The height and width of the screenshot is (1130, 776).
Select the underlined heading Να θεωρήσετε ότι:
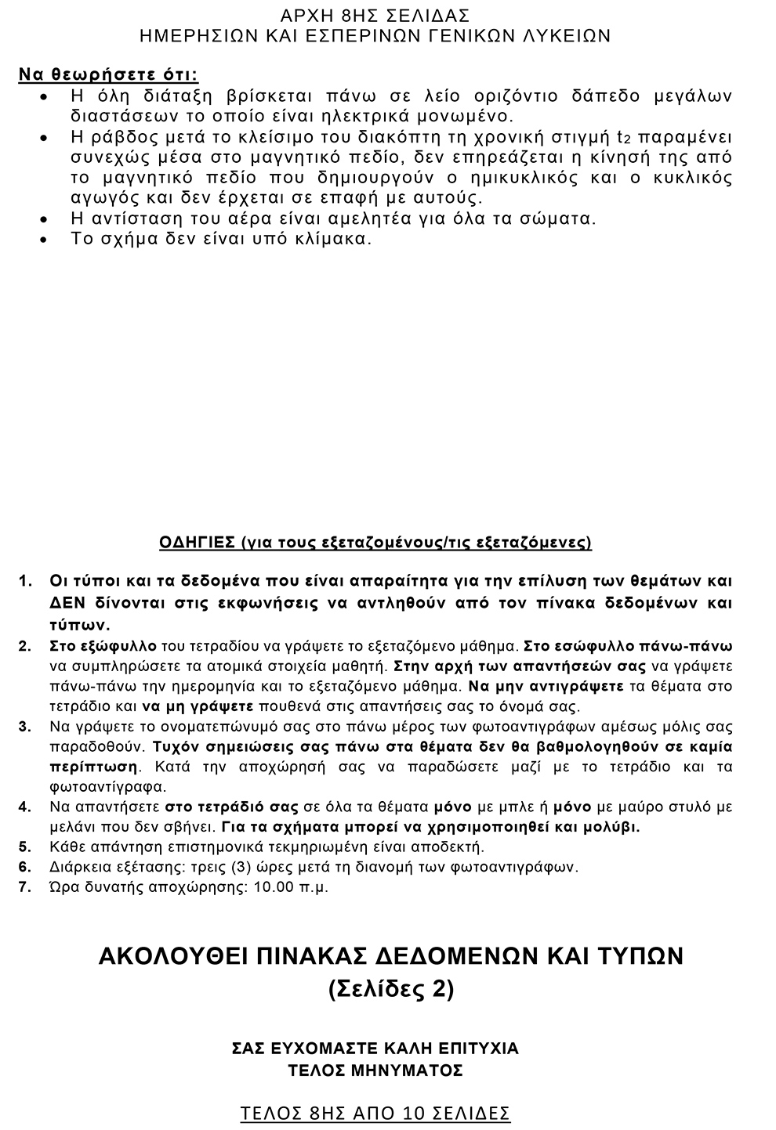[108, 75]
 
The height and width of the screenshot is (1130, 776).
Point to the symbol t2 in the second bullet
[624, 137]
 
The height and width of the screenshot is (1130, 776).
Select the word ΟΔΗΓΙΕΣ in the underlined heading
[197, 542]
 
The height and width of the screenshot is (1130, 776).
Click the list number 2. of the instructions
[25, 646]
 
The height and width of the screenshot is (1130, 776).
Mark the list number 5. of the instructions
[25, 847]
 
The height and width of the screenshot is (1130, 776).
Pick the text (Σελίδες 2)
[390, 989]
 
